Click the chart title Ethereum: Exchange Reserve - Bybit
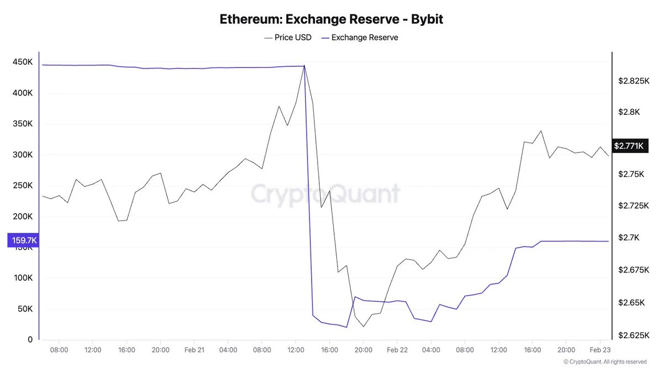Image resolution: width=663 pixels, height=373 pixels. pos(331,19)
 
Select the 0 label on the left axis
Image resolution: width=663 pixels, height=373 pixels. pos(31,340)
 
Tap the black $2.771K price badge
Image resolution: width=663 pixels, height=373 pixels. pos(629,146)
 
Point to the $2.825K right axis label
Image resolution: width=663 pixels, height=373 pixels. pos(633,81)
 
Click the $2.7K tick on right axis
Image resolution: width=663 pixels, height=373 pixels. pos(629,238)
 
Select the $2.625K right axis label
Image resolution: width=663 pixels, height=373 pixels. pos(633,335)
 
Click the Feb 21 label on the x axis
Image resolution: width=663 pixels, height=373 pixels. pos(194,350)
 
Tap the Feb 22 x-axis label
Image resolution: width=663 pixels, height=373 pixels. pos(397,350)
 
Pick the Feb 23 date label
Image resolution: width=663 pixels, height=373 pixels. pos(600,350)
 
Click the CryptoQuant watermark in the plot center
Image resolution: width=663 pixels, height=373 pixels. pos(325,194)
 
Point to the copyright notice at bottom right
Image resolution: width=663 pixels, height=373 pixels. pos(604,362)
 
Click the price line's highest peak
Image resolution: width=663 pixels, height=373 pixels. pos(304,65)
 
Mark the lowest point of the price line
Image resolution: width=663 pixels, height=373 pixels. pos(364,327)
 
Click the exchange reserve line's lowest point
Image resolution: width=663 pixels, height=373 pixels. pos(346,327)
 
